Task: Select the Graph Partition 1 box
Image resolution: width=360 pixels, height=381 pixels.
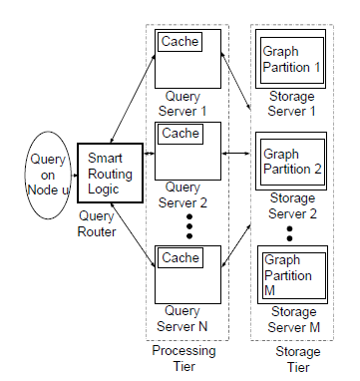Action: coord(292,56)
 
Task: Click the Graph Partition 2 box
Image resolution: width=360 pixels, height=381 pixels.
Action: coord(292,161)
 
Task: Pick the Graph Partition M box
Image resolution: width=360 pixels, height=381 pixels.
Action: coord(291,273)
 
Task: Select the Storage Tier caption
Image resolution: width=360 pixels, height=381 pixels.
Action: coord(296,359)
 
